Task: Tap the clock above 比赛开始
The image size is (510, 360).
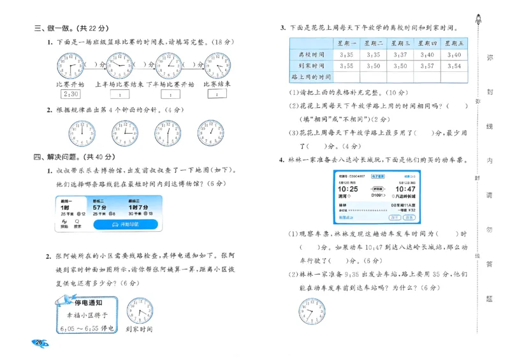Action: (x=70, y=66)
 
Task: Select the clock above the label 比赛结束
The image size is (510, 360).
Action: (x=218, y=66)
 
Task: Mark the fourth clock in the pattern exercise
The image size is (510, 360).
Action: (x=210, y=133)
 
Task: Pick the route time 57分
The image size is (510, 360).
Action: (x=99, y=207)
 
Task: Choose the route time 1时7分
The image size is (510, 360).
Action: (x=138, y=207)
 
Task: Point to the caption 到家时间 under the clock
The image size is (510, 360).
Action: (x=139, y=329)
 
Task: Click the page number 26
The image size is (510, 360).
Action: (x=39, y=343)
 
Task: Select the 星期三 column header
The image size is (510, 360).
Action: (x=400, y=43)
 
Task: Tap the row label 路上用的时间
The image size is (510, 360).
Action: (x=311, y=76)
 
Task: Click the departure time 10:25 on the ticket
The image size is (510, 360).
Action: (x=347, y=189)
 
